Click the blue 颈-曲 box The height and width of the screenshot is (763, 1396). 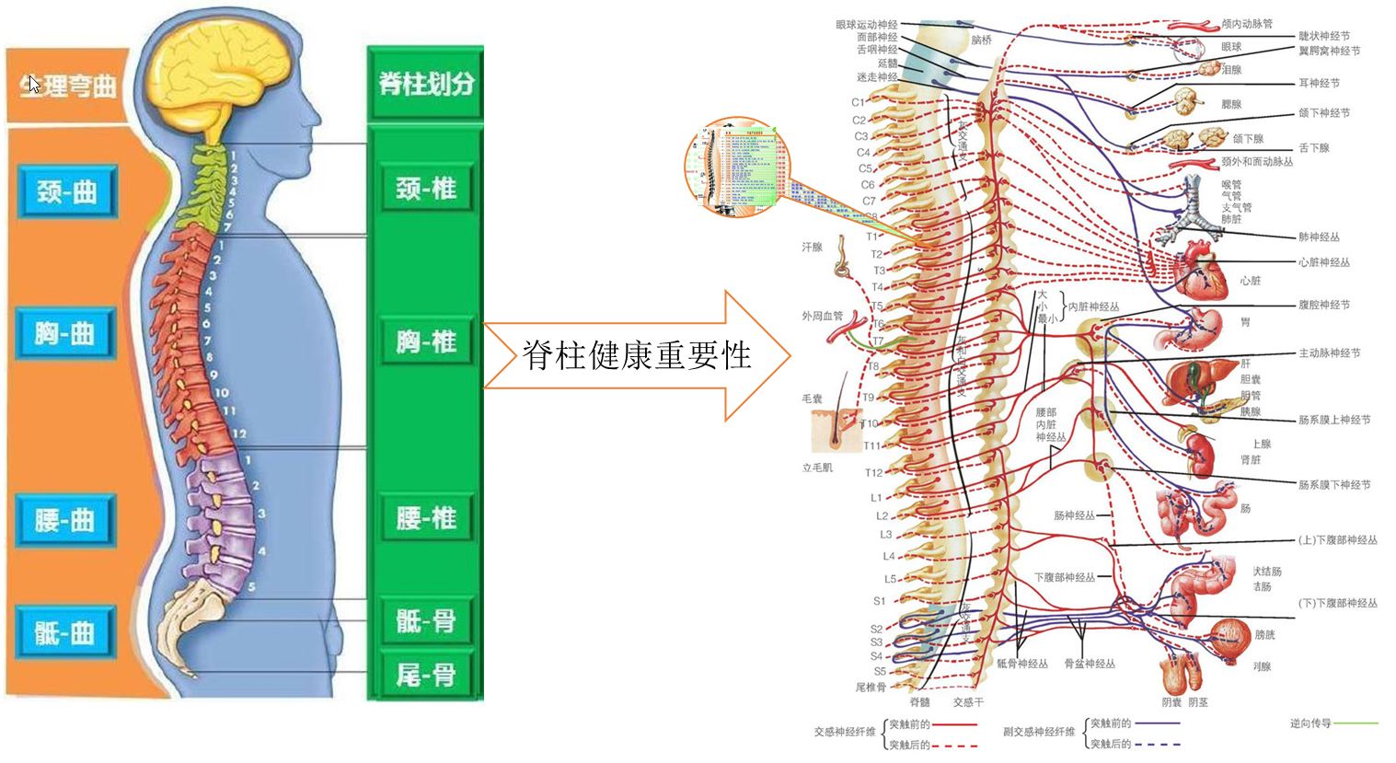point(66,191)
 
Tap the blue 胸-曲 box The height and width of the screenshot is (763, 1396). point(64,333)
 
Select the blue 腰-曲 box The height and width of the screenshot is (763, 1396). point(64,521)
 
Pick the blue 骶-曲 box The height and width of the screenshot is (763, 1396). point(64,632)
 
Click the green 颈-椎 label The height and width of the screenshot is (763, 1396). point(425,190)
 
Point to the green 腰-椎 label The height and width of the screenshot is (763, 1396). point(425,518)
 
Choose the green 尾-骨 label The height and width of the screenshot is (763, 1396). point(425,676)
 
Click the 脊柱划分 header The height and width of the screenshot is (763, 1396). point(425,84)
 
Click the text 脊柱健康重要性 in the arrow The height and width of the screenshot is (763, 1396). point(637,355)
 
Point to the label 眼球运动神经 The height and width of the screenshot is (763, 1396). point(866,25)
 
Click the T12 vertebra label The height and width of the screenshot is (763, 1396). point(873,473)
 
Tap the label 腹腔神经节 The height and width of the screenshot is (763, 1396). point(1323,305)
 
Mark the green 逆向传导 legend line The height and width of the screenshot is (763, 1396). point(1356,723)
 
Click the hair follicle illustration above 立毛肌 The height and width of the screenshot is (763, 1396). point(834,430)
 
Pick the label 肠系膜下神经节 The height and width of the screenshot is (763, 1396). point(1333,485)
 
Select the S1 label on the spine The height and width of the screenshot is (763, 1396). point(879,601)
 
